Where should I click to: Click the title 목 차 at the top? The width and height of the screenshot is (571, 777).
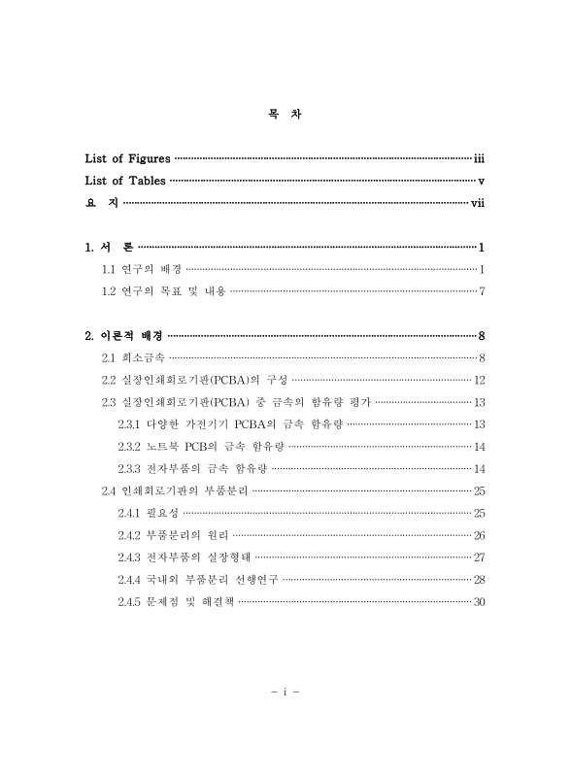point(285,114)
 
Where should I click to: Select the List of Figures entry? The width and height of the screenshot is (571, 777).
point(127,157)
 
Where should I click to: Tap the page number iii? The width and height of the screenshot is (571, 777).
point(479,157)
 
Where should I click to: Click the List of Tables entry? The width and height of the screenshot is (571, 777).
point(125,180)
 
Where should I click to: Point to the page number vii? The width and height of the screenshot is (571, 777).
point(477,203)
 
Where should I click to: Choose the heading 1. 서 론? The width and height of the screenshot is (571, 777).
point(110,248)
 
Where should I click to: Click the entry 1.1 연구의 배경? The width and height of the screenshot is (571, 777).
point(141,269)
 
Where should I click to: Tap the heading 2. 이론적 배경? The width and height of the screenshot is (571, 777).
point(123,336)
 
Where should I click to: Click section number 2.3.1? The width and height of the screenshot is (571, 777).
point(130,424)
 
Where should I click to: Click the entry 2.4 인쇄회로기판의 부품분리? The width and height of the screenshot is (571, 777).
point(176,490)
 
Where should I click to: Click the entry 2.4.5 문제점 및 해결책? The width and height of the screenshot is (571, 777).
point(175,602)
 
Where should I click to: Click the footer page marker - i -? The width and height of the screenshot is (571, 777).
point(285,693)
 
